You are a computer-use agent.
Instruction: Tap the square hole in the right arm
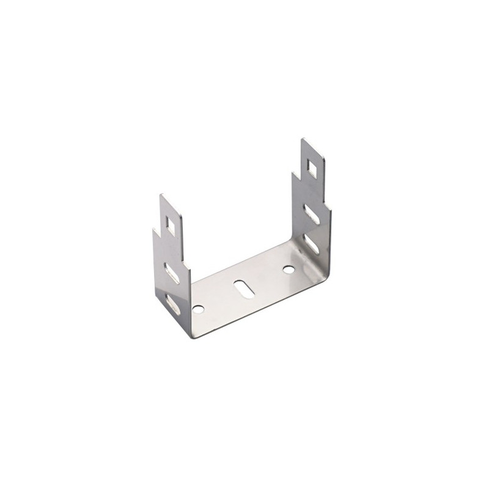click(x=312, y=166)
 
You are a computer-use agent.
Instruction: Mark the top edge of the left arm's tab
click(x=169, y=202)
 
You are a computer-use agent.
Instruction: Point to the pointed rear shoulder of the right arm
click(x=294, y=173)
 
